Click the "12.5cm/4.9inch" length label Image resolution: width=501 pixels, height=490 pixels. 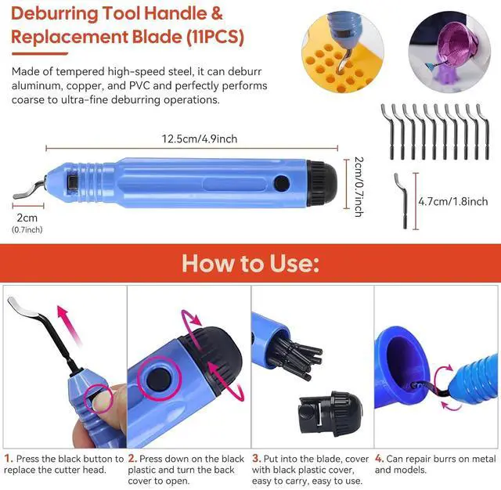coord(200,139)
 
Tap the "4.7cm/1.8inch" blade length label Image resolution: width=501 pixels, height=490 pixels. coord(453,201)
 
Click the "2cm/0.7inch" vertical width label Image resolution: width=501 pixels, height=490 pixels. coord(359,187)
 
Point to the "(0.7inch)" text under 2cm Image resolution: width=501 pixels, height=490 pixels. coord(27,229)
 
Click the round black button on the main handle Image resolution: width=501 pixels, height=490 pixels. coord(282,183)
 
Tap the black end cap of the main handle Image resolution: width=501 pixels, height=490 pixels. coord(322,182)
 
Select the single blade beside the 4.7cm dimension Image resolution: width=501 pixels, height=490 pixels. coord(402,200)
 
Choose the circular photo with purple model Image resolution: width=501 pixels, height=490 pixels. coord(449,52)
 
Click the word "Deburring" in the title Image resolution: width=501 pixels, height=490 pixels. coord(55,14)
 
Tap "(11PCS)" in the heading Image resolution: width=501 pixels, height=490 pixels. coord(215,37)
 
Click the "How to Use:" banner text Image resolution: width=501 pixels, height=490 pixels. coord(250,264)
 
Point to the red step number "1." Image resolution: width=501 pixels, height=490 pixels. coord(9,459)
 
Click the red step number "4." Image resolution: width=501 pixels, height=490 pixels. coord(379,459)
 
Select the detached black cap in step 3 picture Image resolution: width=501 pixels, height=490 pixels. coord(330,415)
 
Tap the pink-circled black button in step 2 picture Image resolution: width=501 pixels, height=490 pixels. coord(159,379)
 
